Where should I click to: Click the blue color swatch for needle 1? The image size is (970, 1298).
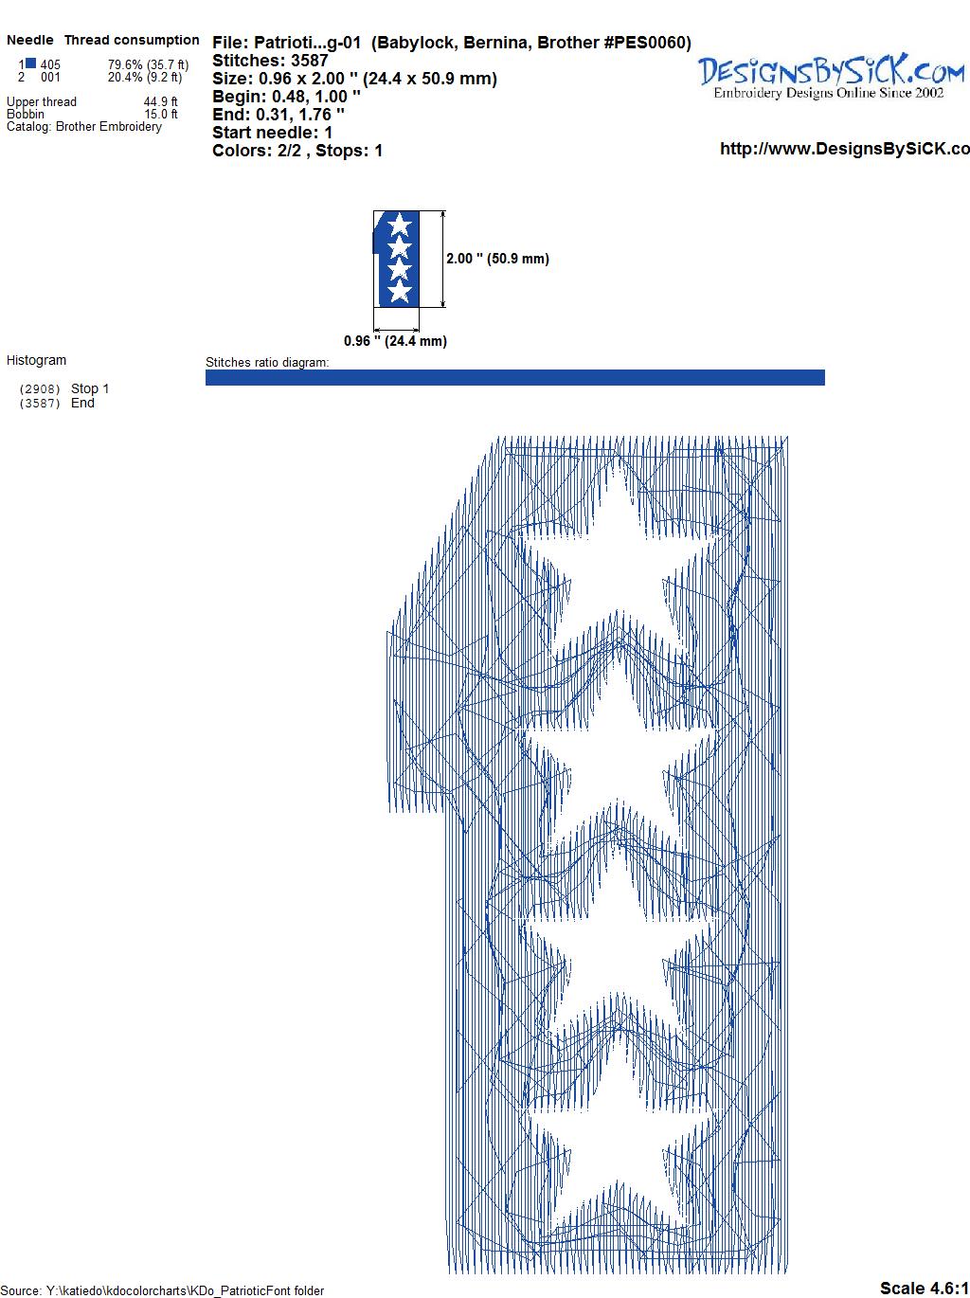click(30, 63)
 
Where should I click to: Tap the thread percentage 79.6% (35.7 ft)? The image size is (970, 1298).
click(149, 64)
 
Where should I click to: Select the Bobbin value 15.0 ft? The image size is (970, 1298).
click(161, 114)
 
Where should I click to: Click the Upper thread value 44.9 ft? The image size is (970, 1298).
click(161, 101)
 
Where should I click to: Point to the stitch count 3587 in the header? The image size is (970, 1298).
click(309, 61)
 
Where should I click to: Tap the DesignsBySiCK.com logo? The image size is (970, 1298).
click(831, 77)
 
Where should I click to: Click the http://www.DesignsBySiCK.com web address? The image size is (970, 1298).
click(845, 149)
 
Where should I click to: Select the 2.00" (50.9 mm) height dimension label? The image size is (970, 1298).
click(497, 259)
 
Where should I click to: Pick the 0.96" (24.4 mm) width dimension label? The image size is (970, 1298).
click(395, 341)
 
